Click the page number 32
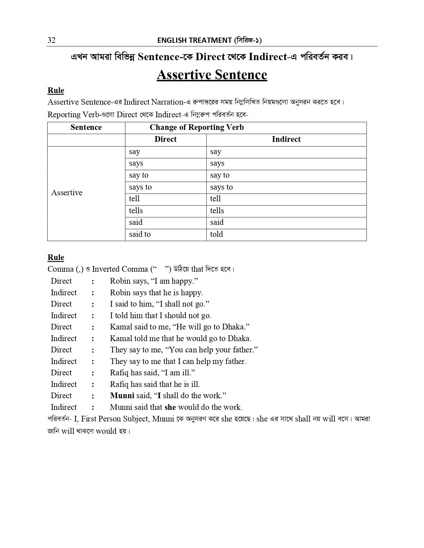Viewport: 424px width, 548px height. (x=52, y=41)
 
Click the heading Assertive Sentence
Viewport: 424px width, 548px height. (x=212, y=75)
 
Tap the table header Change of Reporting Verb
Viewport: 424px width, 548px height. (x=197, y=128)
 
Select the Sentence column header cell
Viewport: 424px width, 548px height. (x=86, y=128)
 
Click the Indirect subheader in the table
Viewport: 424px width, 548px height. (x=286, y=139)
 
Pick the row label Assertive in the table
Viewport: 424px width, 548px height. (x=67, y=193)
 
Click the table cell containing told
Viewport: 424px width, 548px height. (x=216, y=234)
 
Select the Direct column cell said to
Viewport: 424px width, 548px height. (x=140, y=234)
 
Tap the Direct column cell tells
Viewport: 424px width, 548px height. (x=136, y=211)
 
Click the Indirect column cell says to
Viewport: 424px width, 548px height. (x=221, y=187)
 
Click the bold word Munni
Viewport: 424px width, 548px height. (x=122, y=396)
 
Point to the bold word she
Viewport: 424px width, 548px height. (x=170, y=407)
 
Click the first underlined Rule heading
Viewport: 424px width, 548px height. (x=56, y=91)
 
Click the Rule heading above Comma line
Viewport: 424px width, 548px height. (x=56, y=258)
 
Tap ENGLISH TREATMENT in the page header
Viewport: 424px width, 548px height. (x=194, y=41)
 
